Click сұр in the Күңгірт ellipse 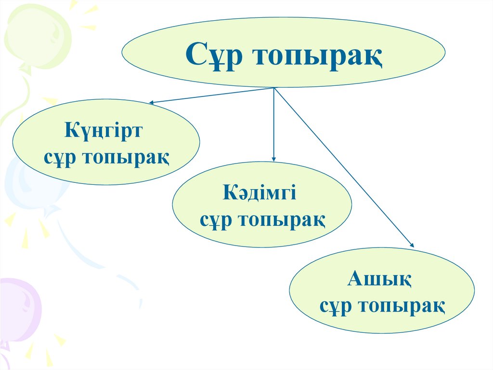[x=61, y=157]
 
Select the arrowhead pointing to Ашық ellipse [x=412, y=246]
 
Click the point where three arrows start [x=274, y=88]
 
